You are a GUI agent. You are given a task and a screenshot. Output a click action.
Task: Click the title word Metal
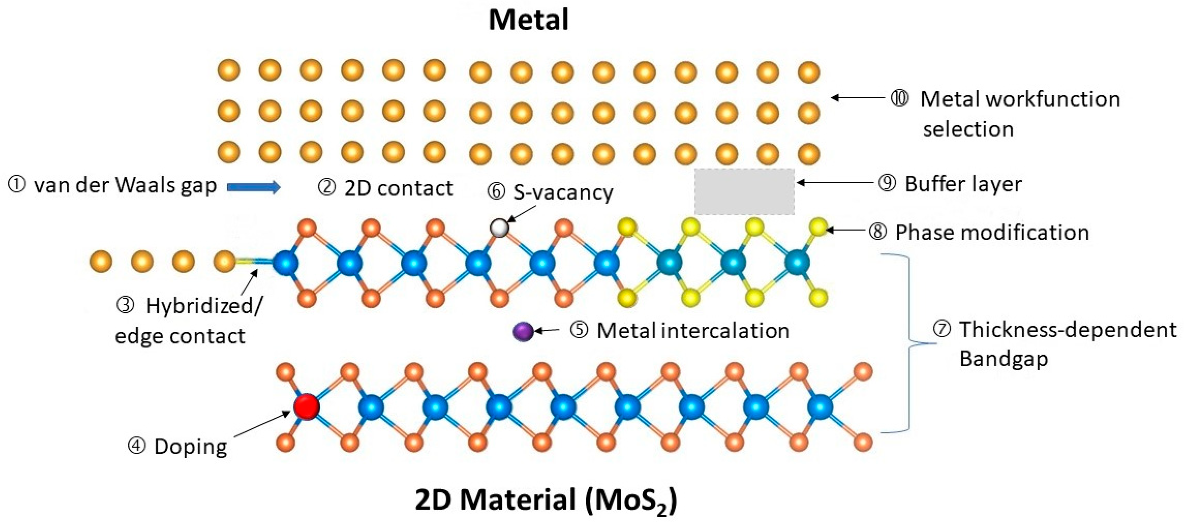(529, 20)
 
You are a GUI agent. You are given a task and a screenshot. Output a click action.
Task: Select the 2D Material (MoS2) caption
(546, 500)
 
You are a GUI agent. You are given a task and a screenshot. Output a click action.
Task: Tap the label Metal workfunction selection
(1020, 114)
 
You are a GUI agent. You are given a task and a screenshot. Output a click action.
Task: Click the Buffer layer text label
(963, 184)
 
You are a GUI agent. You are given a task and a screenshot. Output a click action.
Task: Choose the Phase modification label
(992, 232)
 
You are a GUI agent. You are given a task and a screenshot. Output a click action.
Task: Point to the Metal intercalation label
(692, 331)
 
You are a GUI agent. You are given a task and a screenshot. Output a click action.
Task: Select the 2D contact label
(398, 189)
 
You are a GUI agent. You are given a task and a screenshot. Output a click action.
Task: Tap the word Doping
(190, 447)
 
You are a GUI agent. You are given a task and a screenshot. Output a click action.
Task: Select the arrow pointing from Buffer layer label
(835, 183)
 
